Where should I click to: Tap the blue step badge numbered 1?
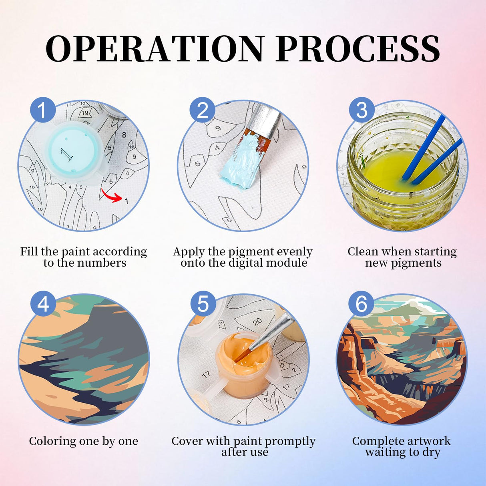(42, 110)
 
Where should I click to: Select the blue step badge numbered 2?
(202, 110)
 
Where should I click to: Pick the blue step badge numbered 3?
(361, 110)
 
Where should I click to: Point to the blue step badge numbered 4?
(43, 304)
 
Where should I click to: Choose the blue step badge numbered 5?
(203, 304)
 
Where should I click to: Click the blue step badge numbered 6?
(361, 304)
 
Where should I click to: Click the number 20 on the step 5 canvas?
(257, 322)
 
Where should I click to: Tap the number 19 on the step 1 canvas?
(85, 113)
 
